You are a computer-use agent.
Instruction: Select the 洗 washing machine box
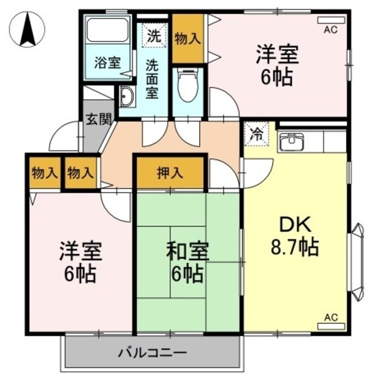pos(155,35)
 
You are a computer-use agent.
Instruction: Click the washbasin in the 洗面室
pos(128,97)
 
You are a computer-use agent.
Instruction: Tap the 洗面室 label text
pos(153,77)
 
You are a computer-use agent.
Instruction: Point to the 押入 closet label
pos(170,172)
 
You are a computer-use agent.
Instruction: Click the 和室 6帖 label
pos(187,262)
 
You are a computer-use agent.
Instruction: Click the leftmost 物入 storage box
pos(44,172)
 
